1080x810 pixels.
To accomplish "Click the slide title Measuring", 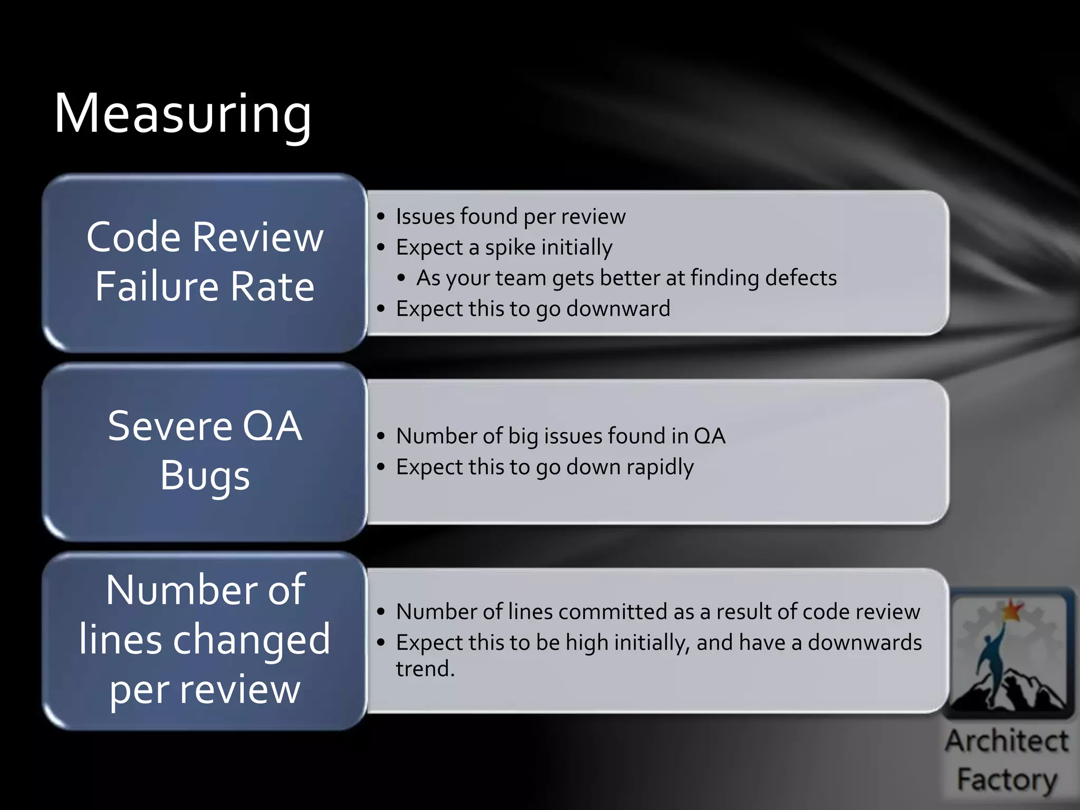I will (x=182, y=114).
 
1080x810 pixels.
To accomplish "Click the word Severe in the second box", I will (x=169, y=426).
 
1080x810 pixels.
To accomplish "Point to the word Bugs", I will (x=205, y=476).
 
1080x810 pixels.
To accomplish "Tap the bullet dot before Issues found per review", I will (x=381, y=217).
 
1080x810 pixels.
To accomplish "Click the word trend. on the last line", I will (x=425, y=669).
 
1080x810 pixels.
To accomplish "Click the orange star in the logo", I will (x=1011, y=610).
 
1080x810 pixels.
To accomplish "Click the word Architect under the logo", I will (x=1007, y=741).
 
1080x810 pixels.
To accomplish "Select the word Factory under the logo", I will (x=1007, y=779).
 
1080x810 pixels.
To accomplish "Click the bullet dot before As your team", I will (x=401, y=278).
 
